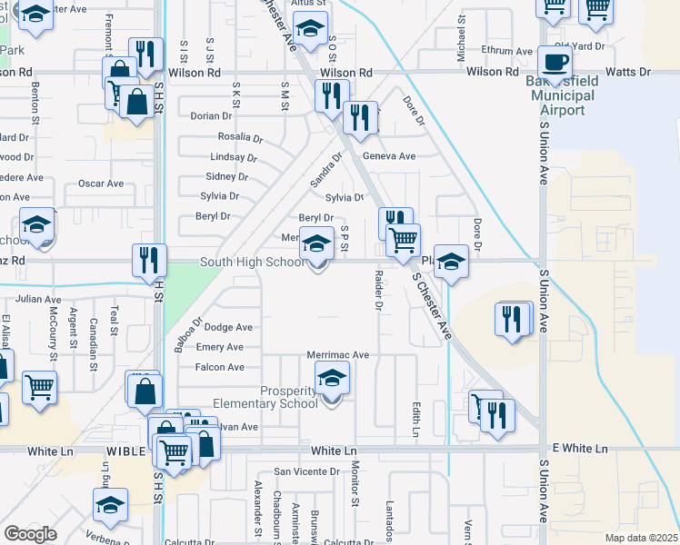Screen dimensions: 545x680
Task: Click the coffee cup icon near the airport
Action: click(x=555, y=62)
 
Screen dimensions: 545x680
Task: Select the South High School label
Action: click(x=253, y=262)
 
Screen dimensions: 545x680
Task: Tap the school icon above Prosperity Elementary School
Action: click(x=332, y=377)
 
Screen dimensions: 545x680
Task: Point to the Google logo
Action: click(x=31, y=533)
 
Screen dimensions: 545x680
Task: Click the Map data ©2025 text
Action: click(x=642, y=538)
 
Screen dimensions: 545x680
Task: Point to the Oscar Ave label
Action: click(x=100, y=183)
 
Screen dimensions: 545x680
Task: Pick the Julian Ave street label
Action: click(x=37, y=298)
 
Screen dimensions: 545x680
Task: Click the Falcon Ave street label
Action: click(x=220, y=367)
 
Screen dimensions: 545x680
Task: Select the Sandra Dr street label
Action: click(x=326, y=169)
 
